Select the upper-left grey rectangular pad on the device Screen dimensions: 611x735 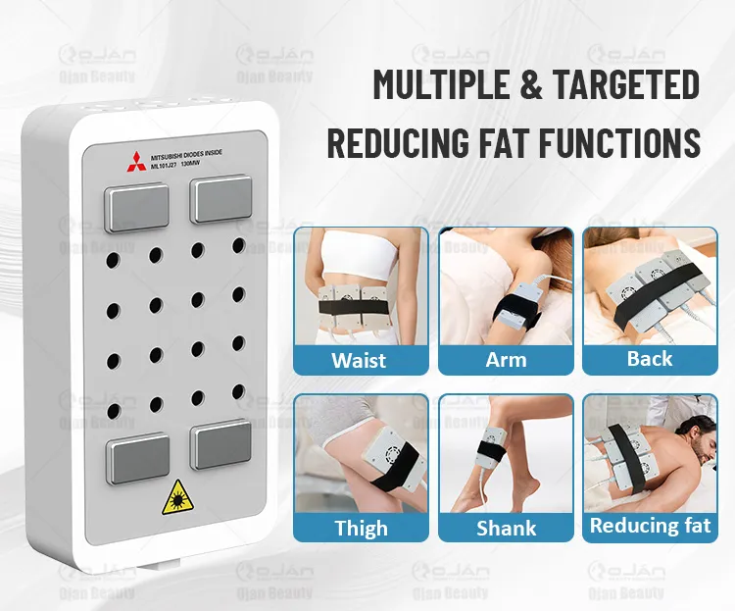[x=136, y=207]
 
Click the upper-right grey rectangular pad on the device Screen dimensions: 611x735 [x=221, y=200]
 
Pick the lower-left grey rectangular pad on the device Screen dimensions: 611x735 [x=138, y=460]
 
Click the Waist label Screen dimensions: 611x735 [x=359, y=360]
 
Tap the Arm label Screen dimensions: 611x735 [x=505, y=360]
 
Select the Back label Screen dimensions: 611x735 [x=649, y=359]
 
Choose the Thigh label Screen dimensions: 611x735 [x=361, y=528]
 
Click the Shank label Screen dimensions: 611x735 [x=506, y=528]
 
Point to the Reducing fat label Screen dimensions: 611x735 [x=650, y=527]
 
